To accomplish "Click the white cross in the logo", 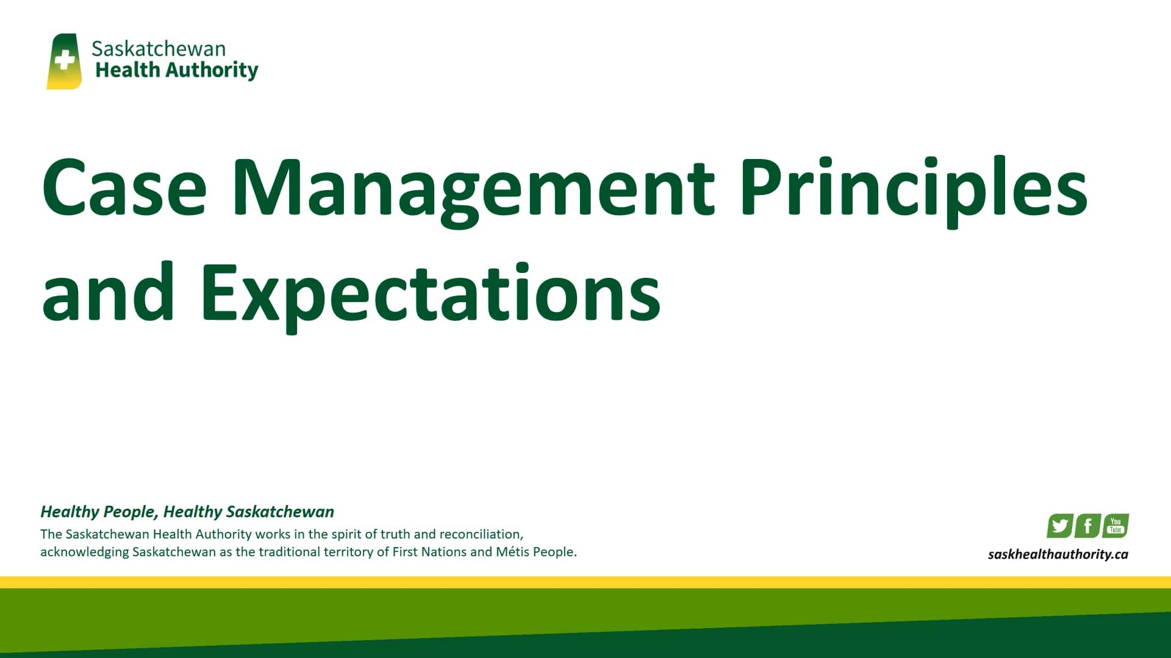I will [64, 61].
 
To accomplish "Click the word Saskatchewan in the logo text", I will [158, 49].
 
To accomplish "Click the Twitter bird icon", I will [1060, 526].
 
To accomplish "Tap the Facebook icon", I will [1088, 526].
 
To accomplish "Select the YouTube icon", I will [1115, 525].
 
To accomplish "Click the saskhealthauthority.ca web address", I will [1058, 554].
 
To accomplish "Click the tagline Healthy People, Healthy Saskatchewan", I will [187, 512].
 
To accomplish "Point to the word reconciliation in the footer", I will [481, 534].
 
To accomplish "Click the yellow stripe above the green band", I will [585, 582].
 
